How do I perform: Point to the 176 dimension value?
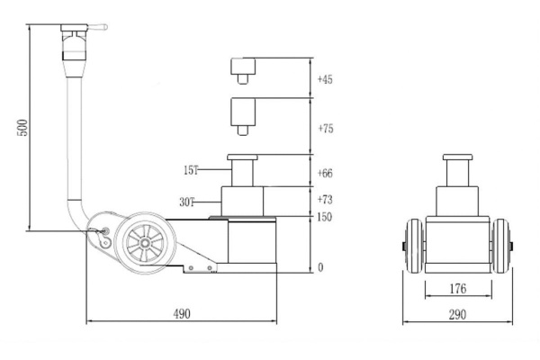457,290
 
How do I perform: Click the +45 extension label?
325,80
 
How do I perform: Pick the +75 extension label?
325,130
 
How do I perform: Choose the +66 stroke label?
325,173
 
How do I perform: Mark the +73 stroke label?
325,198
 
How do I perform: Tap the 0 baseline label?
319,268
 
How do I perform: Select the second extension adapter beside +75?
243,112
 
